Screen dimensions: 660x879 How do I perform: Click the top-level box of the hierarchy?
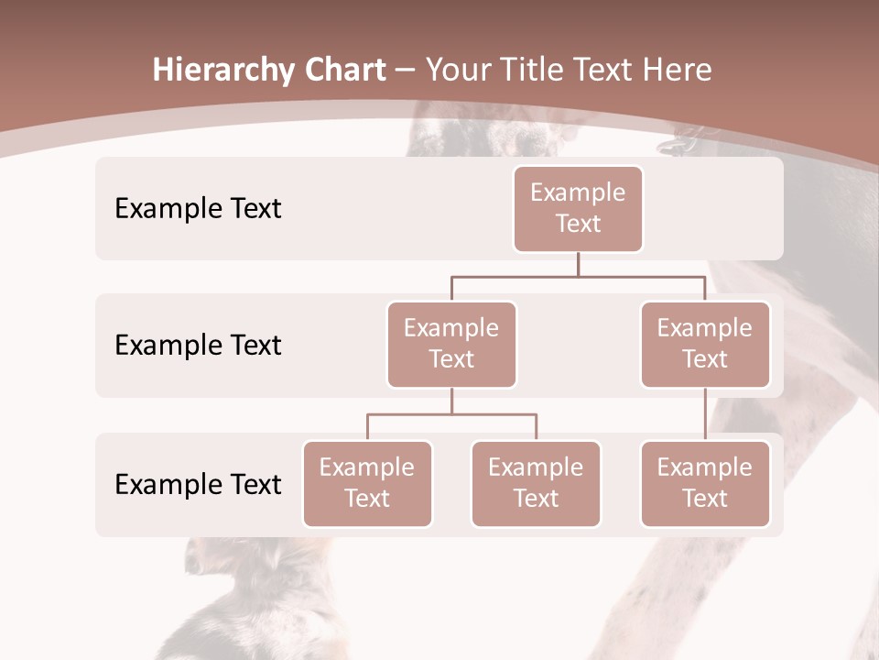point(578,208)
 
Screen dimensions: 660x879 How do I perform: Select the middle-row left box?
point(451,344)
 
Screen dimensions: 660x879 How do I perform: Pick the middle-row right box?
point(705,344)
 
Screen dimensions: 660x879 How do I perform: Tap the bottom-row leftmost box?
point(367,483)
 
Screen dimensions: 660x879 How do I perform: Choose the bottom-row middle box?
point(536,483)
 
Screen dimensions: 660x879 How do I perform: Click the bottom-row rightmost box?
point(705,483)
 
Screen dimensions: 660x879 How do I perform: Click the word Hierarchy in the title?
point(223,71)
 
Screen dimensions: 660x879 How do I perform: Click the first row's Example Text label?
point(198,208)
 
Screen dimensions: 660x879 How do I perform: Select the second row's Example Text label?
point(198,345)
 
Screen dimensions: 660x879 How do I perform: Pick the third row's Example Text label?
point(198,484)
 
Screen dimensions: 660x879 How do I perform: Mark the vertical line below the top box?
point(578,264)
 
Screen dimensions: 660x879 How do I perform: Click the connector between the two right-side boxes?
point(705,414)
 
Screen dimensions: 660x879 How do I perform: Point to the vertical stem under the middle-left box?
point(451,401)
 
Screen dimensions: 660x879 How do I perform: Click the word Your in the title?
point(459,71)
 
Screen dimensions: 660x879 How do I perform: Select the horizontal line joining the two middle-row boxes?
point(578,276)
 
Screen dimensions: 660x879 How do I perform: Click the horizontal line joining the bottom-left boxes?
point(451,414)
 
